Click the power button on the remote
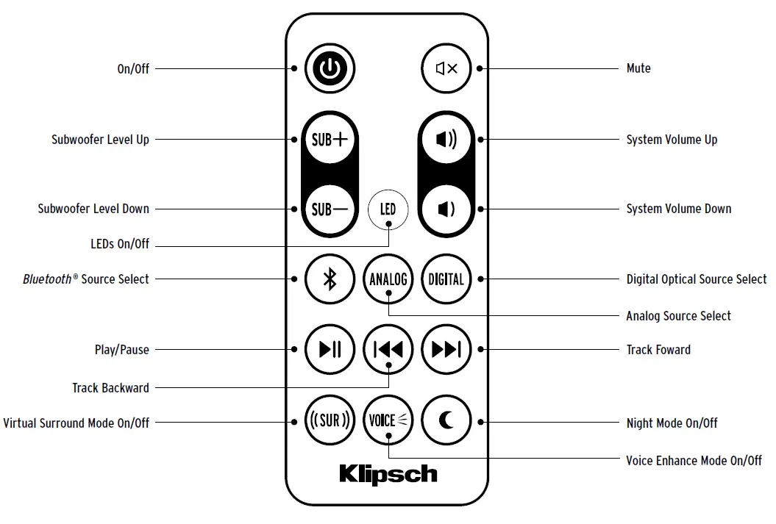tap(330, 68)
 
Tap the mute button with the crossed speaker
tap(446, 68)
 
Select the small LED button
tap(388, 209)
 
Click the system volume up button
tap(446, 139)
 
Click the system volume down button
tap(446, 209)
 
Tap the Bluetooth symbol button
tap(330, 279)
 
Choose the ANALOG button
tap(388, 279)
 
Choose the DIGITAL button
tap(446, 279)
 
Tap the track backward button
tap(388, 350)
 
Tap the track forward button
tap(446, 350)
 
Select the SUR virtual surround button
tap(330, 422)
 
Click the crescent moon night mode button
tap(446, 422)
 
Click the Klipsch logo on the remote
tap(388, 474)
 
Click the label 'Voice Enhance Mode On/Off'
tap(694, 461)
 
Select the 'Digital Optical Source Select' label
tap(696, 279)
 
